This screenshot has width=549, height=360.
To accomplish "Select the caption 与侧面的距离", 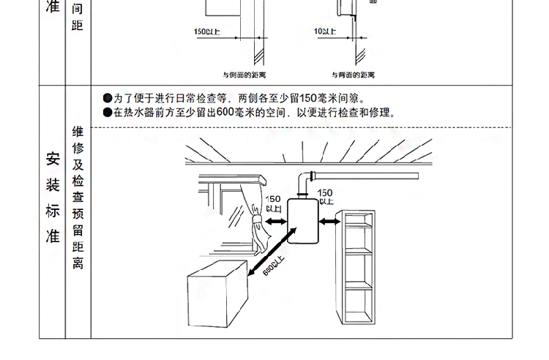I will click(x=244, y=75).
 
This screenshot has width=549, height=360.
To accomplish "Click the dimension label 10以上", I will click(x=324, y=31).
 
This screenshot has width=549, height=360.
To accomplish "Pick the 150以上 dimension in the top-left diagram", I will click(x=207, y=31).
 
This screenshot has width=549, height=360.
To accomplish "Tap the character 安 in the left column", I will click(x=52, y=157).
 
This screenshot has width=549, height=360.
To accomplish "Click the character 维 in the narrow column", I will click(x=78, y=132).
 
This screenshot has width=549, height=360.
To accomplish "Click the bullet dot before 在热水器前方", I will click(x=108, y=113).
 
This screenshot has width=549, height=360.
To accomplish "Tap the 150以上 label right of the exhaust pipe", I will click(x=325, y=195).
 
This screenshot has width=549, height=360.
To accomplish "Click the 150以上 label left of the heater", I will click(x=273, y=203).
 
